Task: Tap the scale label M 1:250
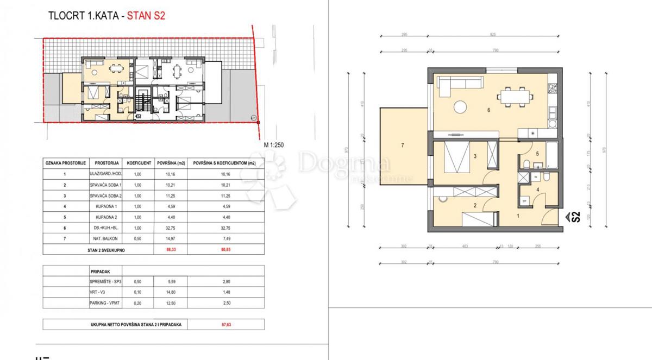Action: [x=275, y=144]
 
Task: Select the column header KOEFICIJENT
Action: [x=139, y=162]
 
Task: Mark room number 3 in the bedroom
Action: [x=475, y=157]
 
